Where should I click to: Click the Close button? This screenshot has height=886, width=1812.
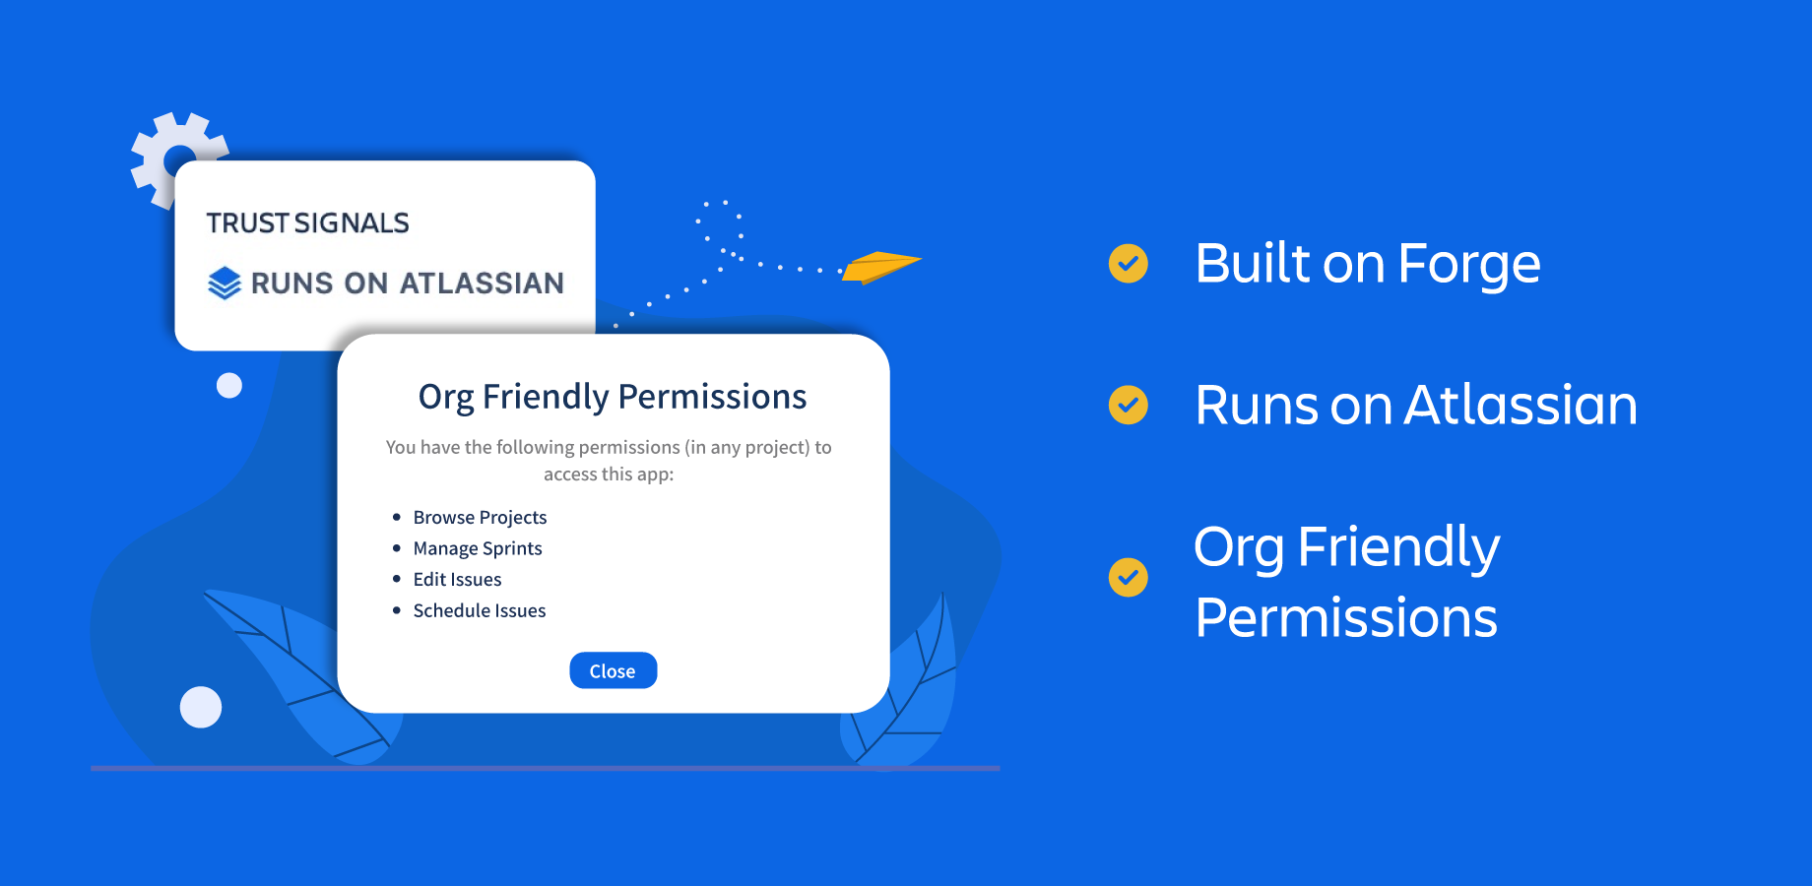(613, 670)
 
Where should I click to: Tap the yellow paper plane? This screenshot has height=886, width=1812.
(879, 267)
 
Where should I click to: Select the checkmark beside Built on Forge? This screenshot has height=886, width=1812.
(1129, 263)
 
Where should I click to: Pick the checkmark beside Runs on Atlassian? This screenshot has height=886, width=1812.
(1129, 405)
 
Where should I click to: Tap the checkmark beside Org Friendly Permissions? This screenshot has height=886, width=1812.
(1129, 577)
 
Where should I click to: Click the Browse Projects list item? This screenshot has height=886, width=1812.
(480, 518)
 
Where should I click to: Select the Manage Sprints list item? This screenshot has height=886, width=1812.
(478, 548)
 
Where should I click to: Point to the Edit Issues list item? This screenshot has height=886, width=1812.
(457, 580)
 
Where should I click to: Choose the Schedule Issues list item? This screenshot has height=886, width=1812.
(480, 610)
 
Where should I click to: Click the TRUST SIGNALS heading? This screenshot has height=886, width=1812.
(307, 223)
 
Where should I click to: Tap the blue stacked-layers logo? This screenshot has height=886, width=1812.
(225, 283)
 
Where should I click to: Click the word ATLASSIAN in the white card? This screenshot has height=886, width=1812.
(483, 284)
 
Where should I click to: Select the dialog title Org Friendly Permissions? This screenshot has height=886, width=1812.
(613, 397)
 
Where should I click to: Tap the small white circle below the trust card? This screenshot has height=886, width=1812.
(229, 385)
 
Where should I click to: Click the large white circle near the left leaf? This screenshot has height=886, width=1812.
(201, 707)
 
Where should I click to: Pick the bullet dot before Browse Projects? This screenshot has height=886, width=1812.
(397, 517)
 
